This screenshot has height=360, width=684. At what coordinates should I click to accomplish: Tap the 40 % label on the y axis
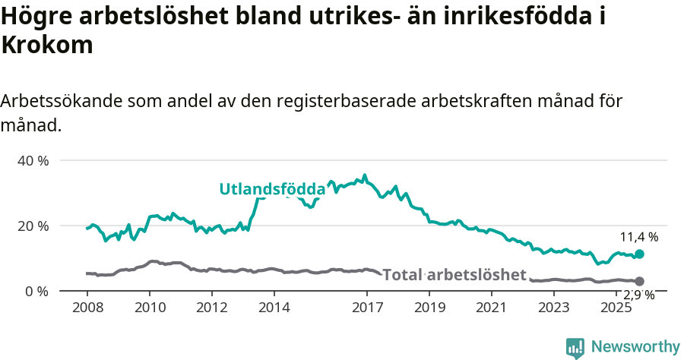(x=33, y=160)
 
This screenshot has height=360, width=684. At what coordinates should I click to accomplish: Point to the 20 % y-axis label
(x=33, y=226)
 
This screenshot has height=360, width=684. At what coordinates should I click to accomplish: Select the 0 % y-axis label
(x=36, y=291)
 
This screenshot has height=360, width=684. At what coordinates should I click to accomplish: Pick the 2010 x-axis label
(x=149, y=308)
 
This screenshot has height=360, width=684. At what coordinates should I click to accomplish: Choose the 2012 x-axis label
(x=211, y=308)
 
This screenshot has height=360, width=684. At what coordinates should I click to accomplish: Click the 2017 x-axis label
(x=367, y=308)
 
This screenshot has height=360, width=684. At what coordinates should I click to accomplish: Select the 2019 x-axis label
(x=429, y=308)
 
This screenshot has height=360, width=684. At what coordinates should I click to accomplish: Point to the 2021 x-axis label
(x=492, y=308)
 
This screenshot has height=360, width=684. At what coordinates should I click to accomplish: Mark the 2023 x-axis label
(x=553, y=308)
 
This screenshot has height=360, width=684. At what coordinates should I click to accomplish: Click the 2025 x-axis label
(x=616, y=308)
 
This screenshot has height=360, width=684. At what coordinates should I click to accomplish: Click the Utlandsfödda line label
(x=271, y=189)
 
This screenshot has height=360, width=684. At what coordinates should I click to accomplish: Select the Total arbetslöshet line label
(x=454, y=274)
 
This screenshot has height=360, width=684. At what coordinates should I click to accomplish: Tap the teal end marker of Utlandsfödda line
(x=639, y=254)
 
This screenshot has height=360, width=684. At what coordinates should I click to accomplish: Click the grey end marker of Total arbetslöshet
(x=639, y=282)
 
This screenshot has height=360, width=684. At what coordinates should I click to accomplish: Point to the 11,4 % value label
(x=638, y=237)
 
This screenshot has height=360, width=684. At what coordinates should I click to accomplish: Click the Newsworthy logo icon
(x=575, y=347)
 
